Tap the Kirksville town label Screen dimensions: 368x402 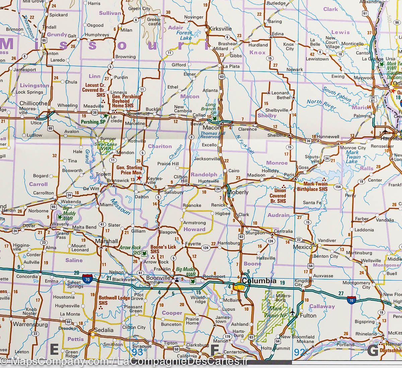coord(220,29)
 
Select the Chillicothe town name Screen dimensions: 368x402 coord(33,103)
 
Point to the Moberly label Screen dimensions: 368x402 coord(238,193)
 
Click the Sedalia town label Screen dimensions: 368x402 coord(104,330)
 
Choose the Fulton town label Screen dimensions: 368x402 coord(308,315)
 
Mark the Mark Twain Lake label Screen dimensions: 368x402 coord(353,157)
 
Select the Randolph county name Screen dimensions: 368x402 coord(204,174)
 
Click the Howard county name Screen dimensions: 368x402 coord(194,229)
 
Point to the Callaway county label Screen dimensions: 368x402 coord(322,306)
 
